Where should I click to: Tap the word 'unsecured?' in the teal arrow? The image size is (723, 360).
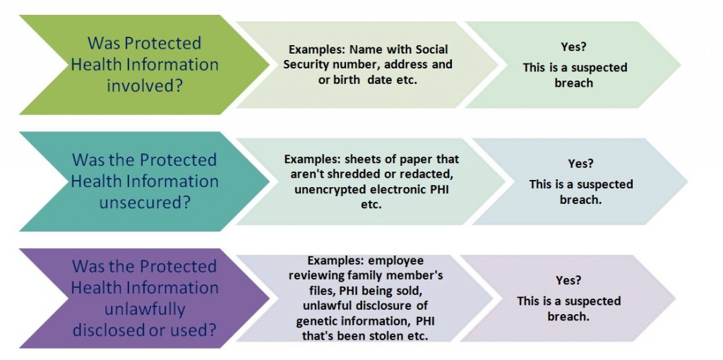pos(145,203)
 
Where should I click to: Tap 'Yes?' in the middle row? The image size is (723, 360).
pos(580,164)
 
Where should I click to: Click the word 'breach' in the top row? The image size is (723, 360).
pos(574,83)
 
